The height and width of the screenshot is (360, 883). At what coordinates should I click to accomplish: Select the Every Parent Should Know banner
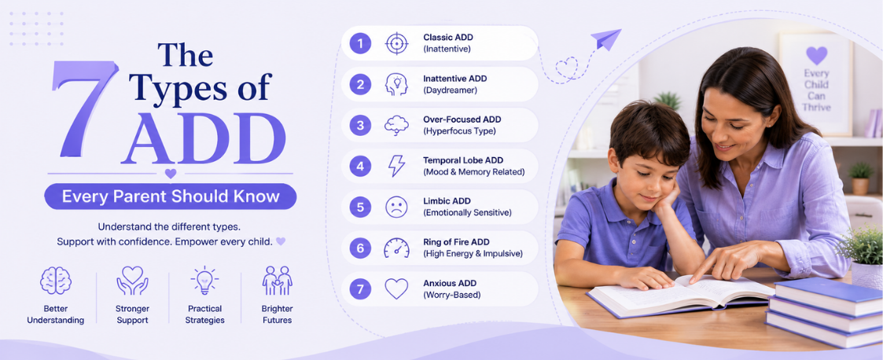tap(171, 196)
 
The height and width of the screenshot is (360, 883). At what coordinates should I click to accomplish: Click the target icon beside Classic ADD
tap(396, 43)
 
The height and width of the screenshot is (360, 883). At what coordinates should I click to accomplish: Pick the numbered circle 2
tap(360, 85)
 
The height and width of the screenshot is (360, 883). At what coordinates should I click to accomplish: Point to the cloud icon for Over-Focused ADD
tap(396, 125)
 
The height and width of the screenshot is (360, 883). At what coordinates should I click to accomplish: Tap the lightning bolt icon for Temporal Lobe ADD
tap(396, 166)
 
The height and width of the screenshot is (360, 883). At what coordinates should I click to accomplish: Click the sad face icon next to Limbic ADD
tap(396, 207)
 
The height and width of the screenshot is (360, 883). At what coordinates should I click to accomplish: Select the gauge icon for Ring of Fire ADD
tap(396, 248)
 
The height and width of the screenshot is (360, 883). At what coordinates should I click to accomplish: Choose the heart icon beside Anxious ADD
tap(396, 288)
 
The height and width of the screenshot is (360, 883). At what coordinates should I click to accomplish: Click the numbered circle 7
tap(360, 288)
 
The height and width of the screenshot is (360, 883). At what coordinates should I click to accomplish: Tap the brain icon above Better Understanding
tap(56, 281)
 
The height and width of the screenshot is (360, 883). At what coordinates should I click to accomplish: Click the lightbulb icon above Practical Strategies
tap(204, 281)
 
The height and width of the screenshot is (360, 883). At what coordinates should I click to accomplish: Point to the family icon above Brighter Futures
tap(277, 281)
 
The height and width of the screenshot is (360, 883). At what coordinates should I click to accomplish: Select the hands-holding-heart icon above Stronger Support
tap(132, 281)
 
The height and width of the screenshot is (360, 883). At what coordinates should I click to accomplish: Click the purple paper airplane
tap(605, 39)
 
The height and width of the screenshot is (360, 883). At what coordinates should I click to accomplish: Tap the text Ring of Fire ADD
tap(456, 242)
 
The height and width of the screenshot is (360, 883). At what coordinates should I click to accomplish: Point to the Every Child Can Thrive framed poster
tap(816, 83)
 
